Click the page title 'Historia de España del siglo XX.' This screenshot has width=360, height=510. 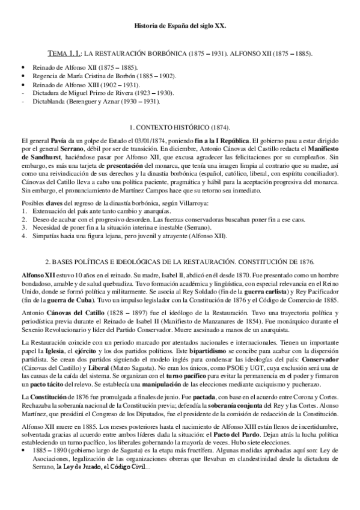point(180,27)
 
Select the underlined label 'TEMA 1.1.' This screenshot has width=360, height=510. point(65,54)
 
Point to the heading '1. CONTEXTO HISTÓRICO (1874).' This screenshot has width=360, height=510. point(180,129)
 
